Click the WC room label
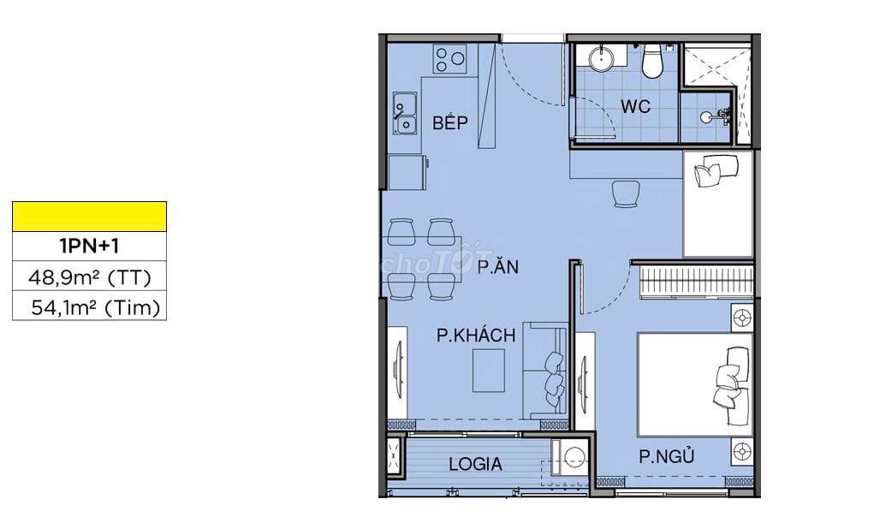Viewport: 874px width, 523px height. click(x=635, y=106)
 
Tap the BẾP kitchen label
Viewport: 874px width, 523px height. click(x=450, y=122)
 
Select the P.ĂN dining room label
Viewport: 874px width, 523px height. click(x=497, y=266)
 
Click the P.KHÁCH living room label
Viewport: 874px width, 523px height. click(x=476, y=335)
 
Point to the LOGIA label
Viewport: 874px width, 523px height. click(x=475, y=464)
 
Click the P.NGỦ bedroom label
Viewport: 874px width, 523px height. click(x=667, y=456)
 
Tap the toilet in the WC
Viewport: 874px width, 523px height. click(x=651, y=60)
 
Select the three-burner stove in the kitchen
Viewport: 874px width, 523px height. click(x=450, y=59)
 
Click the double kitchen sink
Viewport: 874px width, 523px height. click(x=405, y=114)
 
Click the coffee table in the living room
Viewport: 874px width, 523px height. click(x=488, y=371)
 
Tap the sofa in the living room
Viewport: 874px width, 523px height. click(x=545, y=371)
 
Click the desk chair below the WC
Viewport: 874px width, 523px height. click(x=626, y=193)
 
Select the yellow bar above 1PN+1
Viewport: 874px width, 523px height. click(x=89, y=217)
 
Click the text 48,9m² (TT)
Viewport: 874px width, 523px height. click(x=90, y=276)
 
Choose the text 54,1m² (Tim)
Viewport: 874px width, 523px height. click(x=95, y=306)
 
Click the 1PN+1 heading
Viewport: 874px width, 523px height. click(x=89, y=246)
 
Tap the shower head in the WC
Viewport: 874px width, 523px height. click(x=716, y=116)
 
